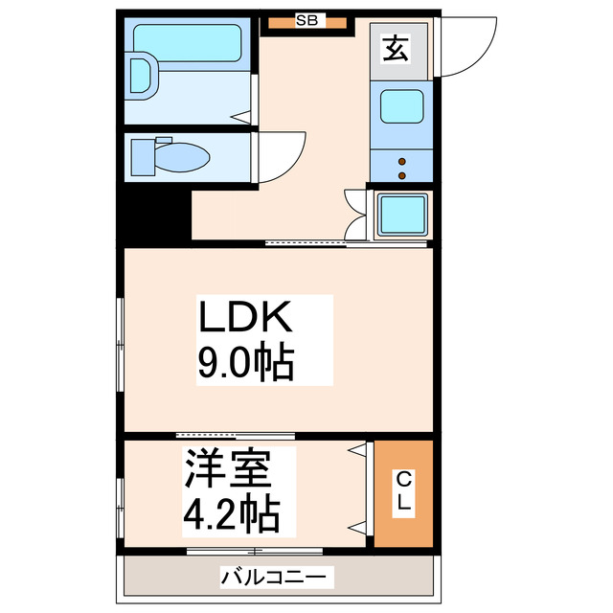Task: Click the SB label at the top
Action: (307, 19)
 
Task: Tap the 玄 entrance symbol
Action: (394, 48)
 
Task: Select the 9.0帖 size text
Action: (245, 363)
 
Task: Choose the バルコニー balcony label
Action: (278, 578)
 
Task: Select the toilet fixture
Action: (173, 155)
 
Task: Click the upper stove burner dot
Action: (402, 160)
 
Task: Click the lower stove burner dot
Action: (402, 175)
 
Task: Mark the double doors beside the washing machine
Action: (356, 216)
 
